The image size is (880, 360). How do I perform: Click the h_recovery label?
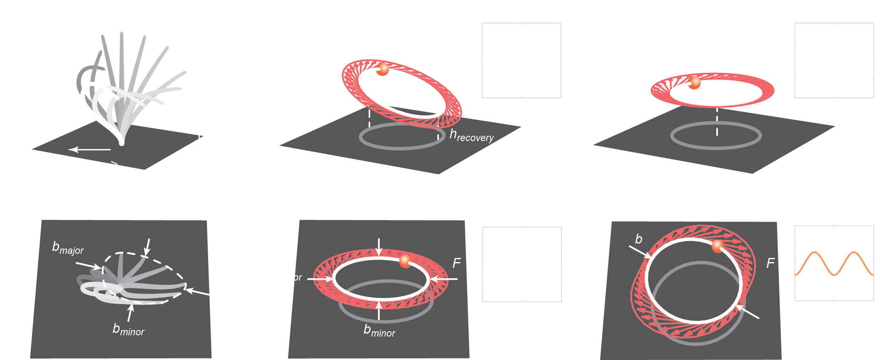[x=471, y=135]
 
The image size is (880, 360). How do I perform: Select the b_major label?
[x=68, y=248]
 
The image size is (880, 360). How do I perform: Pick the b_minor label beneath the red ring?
[x=379, y=331]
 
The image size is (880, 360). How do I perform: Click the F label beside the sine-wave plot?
[x=770, y=263]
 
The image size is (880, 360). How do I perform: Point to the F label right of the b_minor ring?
[x=456, y=263]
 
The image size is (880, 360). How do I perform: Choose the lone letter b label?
[x=639, y=239]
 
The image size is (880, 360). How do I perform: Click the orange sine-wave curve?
[x=834, y=264]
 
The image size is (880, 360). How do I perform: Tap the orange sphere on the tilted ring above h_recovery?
[x=383, y=69]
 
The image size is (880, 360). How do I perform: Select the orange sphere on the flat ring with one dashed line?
[x=694, y=83]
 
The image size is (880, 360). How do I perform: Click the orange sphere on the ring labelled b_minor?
[x=405, y=261]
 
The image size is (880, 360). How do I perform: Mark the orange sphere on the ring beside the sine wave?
[x=718, y=246]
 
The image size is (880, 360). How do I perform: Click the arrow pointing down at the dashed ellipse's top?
[x=147, y=246]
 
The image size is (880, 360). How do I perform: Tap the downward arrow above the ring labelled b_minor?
[x=379, y=246]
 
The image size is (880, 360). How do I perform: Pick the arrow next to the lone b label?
[x=640, y=252]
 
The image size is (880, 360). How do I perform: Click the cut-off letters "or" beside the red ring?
[x=298, y=278]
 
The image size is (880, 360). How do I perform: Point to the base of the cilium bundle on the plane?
[x=121, y=142]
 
